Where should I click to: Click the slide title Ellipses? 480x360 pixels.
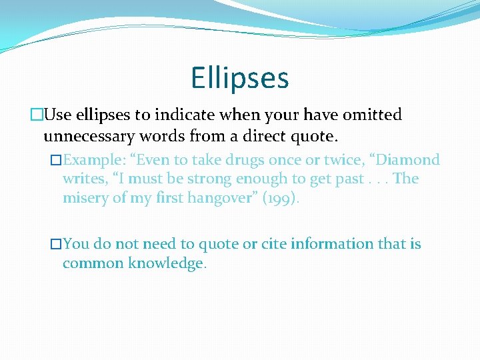coord(239,77)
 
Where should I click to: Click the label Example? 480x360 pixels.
coord(93,160)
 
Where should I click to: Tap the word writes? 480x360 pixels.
coord(81,179)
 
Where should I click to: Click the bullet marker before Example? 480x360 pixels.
coord(56,160)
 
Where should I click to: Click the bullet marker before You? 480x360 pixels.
coord(56,244)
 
